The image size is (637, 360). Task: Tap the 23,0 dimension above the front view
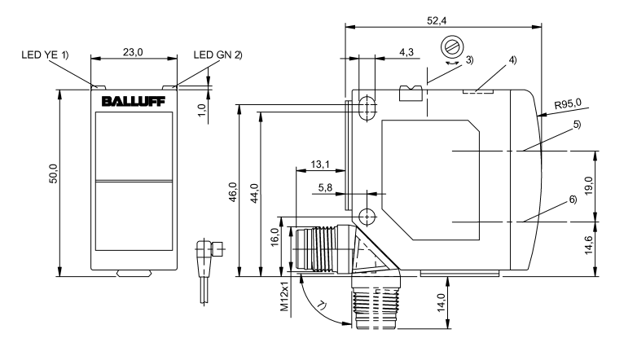[x=133, y=50]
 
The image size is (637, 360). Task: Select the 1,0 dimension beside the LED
[x=201, y=105]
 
